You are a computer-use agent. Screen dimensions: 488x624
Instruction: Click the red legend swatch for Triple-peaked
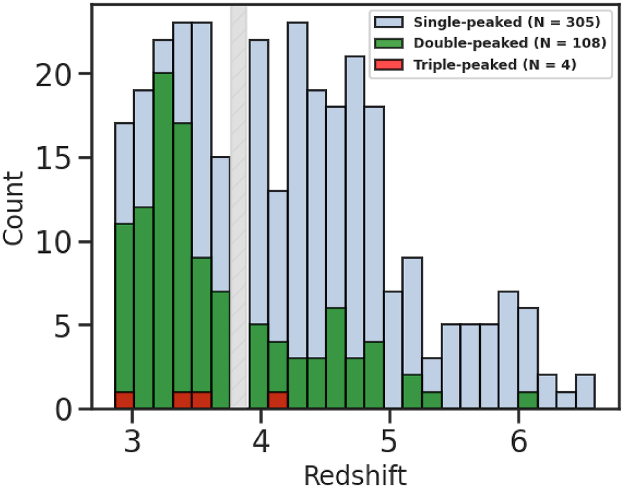point(389,65)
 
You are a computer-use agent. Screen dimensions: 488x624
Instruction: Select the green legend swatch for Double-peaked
point(389,44)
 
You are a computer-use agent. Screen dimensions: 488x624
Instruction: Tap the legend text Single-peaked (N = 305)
point(507,22)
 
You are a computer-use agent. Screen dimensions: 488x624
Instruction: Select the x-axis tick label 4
point(261,442)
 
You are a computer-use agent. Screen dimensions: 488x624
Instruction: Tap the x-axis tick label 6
point(518,442)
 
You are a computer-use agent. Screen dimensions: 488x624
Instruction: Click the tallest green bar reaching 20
point(163,240)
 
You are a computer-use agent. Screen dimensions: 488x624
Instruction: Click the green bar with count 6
point(336,357)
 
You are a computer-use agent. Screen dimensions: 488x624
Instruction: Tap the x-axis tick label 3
point(132,442)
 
